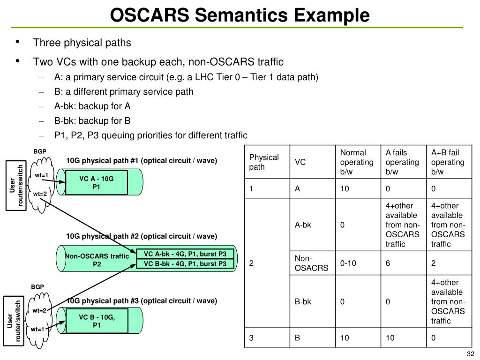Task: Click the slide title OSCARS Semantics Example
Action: pyautogui.click(x=240, y=15)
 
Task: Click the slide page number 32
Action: pyautogui.click(x=471, y=353)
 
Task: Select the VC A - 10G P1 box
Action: pyautogui.click(x=97, y=183)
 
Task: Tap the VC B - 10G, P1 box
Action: pyautogui.click(x=97, y=321)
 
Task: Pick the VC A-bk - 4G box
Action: pyautogui.click(x=185, y=254)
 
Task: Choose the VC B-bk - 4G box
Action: pyautogui.click(x=185, y=264)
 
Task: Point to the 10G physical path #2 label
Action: pyautogui.click(x=142, y=236)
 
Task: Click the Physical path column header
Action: pyautogui.click(x=263, y=162)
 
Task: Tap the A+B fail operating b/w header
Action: pyautogui.click(x=448, y=162)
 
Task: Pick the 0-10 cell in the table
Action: pyautogui.click(x=348, y=263)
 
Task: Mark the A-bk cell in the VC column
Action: pyautogui.click(x=303, y=225)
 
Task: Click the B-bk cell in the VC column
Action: pyautogui.click(x=303, y=302)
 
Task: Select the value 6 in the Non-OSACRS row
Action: pyautogui.click(x=388, y=263)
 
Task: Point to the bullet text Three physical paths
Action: pyautogui.click(x=82, y=43)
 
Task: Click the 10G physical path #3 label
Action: pyautogui.click(x=142, y=301)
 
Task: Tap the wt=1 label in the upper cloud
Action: pyautogui.click(x=42, y=175)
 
